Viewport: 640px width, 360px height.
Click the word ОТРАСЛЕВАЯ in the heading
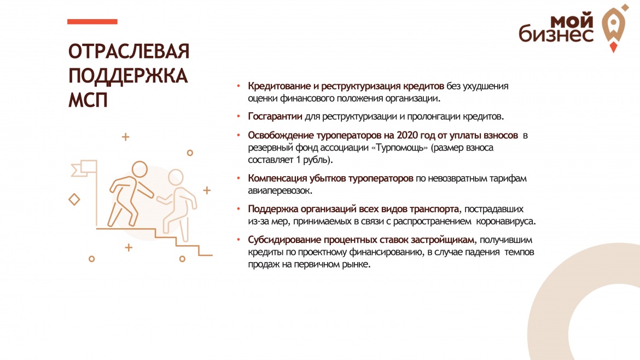[x=129, y=51]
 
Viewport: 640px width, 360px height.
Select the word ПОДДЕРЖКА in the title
[x=128, y=76]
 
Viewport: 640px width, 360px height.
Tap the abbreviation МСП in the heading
[x=88, y=100]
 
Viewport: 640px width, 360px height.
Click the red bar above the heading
[x=92, y=22]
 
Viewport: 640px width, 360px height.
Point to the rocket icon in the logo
[x=613, y=28]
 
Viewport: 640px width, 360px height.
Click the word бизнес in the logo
[x=556, y=33]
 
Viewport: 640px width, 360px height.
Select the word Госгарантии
[x=275, y=117]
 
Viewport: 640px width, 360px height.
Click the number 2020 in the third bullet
[x=408, y=135]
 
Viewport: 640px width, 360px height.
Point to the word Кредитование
[x=280, y=86]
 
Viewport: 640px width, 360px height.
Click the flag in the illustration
[x=84, y=168]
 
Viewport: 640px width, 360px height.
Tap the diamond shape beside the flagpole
[x=74, y=200]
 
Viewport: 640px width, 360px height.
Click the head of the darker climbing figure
[x=139, y=169]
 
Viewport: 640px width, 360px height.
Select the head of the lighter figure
[x=176, y=178]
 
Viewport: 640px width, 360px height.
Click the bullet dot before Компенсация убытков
[x=239, y=178]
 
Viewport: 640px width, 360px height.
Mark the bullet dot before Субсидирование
[x=239, y=240]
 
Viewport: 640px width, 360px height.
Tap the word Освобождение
[x=281, y=135]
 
